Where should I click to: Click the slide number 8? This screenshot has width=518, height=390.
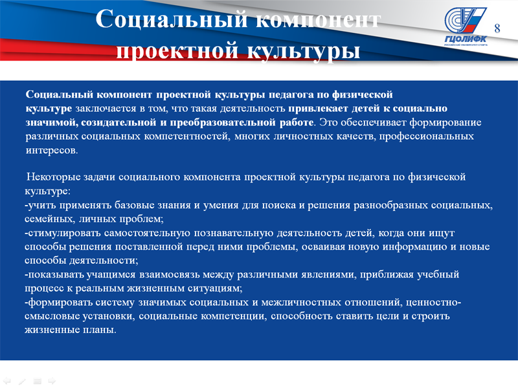coord(497,28)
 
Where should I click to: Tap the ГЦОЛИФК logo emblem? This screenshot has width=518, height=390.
coord(465,26)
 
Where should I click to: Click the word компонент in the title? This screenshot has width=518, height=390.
coord(318,20)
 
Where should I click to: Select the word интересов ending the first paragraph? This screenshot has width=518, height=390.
coord(52,151)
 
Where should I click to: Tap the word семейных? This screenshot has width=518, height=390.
coord(50,219)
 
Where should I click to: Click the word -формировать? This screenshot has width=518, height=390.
coord(58,302)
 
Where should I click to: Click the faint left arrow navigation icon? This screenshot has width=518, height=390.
coord(6,381)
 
